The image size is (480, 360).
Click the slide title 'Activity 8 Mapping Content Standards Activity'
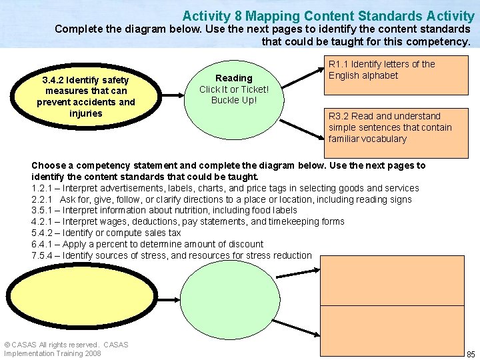tap(328, 15)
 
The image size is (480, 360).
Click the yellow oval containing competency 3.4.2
tap(85, 96)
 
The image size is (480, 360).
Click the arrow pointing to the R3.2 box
tap(303, 130)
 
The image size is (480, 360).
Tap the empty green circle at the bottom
tap(234, 303)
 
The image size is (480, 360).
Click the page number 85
tap(471, 353)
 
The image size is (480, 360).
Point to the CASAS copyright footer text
tap(66, 349)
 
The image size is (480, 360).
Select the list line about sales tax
tap(106, 233)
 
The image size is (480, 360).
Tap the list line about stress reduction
tap(171, 255)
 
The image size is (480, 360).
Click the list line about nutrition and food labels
tap(164, 210)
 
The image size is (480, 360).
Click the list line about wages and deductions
tap(187, 221)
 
